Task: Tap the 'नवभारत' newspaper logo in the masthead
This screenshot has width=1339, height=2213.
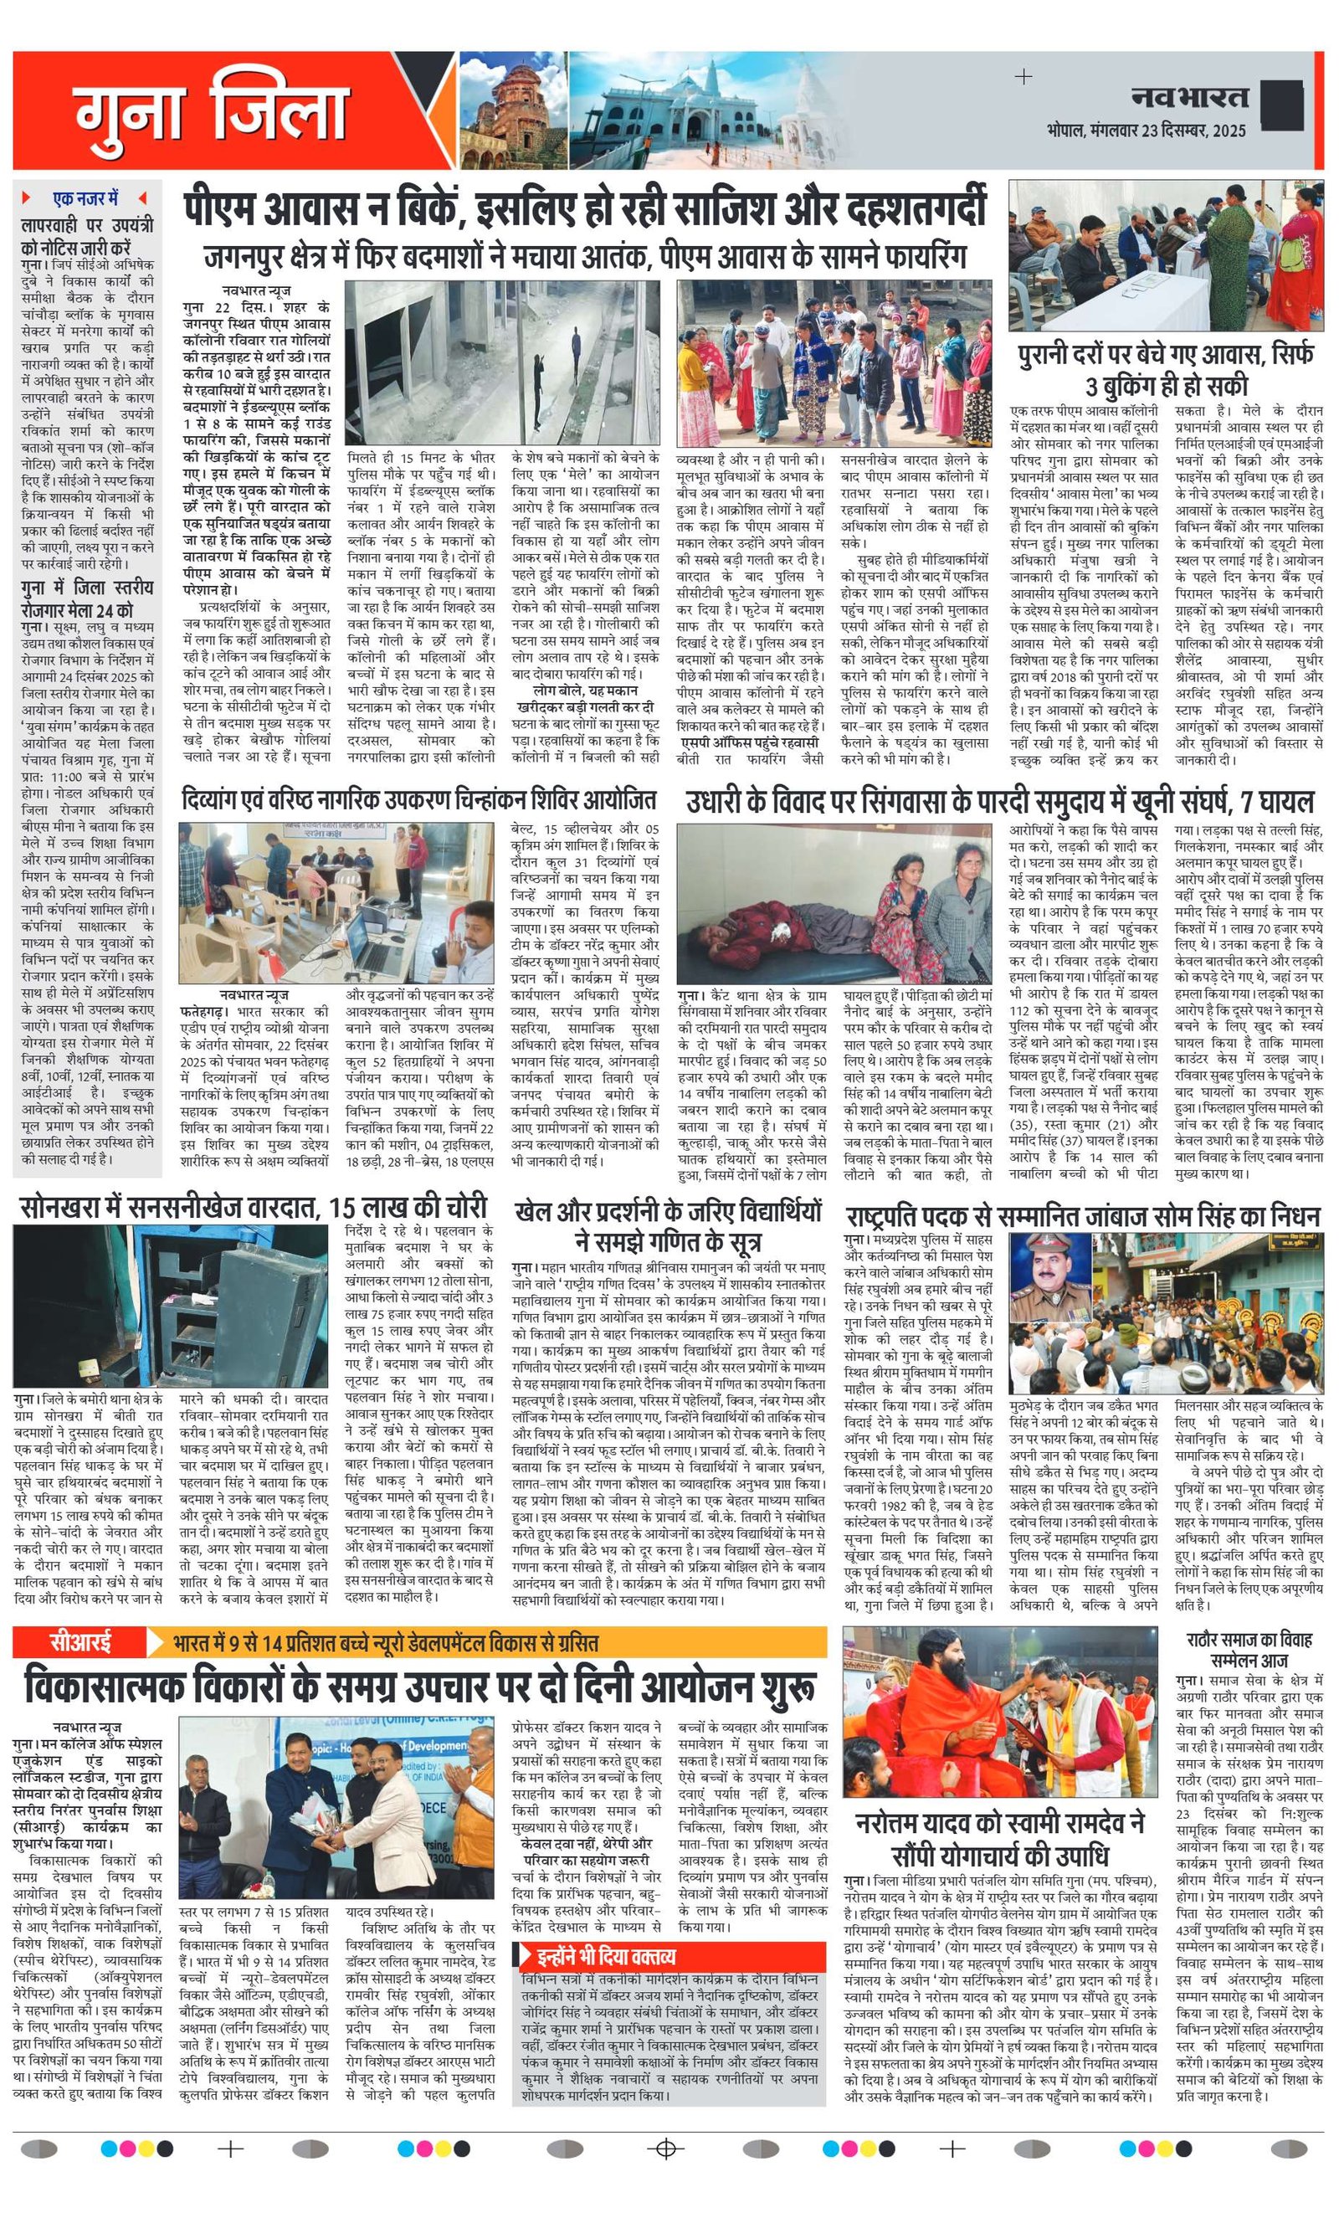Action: (x=1189, y=97)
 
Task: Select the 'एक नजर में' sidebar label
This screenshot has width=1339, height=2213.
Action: (x=85, y=198)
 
